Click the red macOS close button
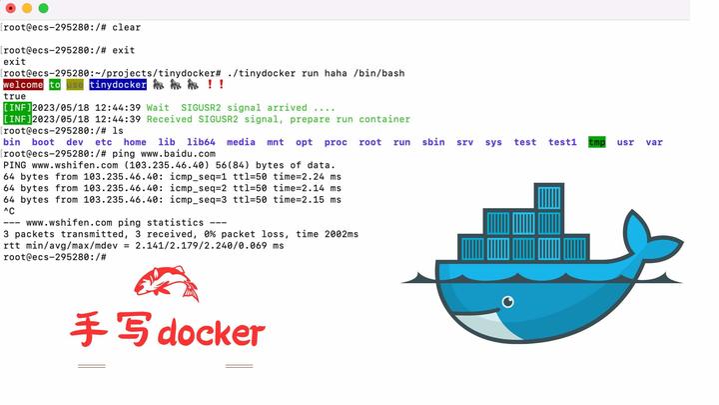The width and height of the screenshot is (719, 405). pyautogui.click(x=10, y=8)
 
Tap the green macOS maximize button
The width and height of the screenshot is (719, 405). pyautogui.click(x=43, y=8)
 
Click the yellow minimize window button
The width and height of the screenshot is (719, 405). pyautogui.click(x=27, y=8)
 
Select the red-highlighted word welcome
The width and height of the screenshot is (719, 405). pyautogui.click(x=23, y=85)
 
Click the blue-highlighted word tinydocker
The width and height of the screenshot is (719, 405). pyautogui.click(x=117, y=85)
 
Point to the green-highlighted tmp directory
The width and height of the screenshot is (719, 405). pyautogui.click(x=597, y=142)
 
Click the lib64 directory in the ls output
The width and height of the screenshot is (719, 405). pyautogui.click(x=201, y=142)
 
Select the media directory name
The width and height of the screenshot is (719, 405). pyautogui.click(x=241, y=142)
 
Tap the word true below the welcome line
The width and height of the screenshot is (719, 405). pyautogui.click(x=15, y=97)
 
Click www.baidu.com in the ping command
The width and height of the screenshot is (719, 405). pyautogui.click(x=183, y=153)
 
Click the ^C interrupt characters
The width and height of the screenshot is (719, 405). pyautogui.click(x=9, y=211)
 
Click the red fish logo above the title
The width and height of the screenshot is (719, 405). pyautogui.click(x=166, y=284)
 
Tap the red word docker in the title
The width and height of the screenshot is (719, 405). pyautogui.click(x=212, y=332)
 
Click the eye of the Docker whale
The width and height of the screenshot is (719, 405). pyautogui.click(x=508, y=300)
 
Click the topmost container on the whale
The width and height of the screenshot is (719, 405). pyautogui.click(x=549, y=197)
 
